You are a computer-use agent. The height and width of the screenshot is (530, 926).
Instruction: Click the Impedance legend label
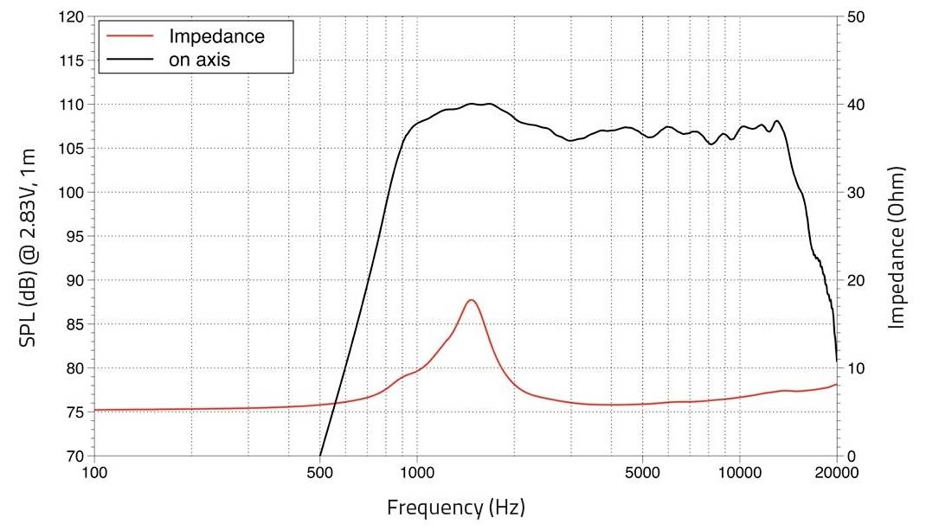216,37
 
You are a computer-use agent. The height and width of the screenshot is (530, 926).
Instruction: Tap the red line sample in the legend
130,37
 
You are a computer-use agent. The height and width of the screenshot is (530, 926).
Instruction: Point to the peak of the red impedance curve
471,300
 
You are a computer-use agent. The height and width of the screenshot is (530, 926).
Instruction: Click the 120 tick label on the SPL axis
72,17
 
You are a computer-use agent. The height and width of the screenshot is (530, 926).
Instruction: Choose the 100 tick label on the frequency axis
94,473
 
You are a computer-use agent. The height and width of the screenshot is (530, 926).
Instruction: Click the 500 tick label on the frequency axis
320,473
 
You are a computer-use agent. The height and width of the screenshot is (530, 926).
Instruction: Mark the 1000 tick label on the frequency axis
417,473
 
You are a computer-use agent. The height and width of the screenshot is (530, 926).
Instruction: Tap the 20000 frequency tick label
836,473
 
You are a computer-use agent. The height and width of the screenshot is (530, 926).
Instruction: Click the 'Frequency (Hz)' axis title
455,507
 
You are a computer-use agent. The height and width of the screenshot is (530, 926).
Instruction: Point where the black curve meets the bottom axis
320,456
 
